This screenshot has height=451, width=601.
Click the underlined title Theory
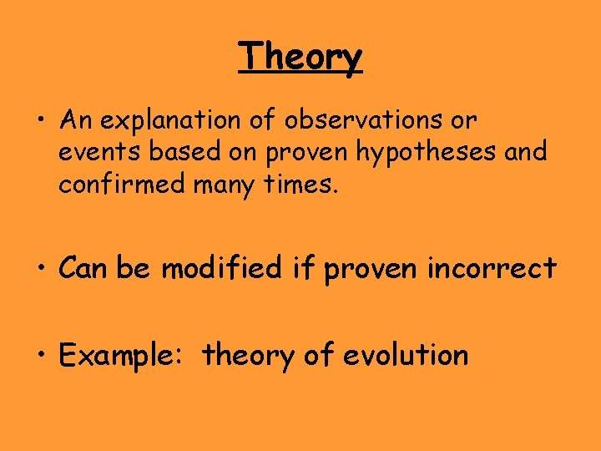pos(300,58)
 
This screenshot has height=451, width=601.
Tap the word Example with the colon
pos(124,356)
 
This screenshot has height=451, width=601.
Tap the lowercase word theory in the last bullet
pos(248,356)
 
